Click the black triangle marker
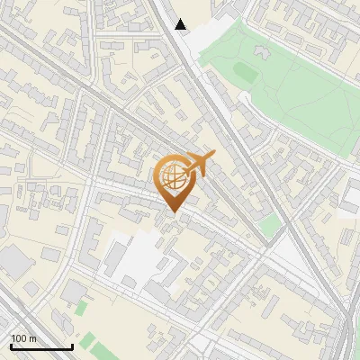point(181,24)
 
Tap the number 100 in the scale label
point(20,338)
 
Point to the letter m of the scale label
point(33,338)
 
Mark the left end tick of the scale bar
point(11,346)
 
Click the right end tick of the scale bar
point(72,346)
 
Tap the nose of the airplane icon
point(214,157)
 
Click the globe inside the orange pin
point(173,177)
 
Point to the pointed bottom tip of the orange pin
point(173,212)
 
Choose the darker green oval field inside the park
point(246,70)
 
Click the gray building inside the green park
point(264,53)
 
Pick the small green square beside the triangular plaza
point(269,225)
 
